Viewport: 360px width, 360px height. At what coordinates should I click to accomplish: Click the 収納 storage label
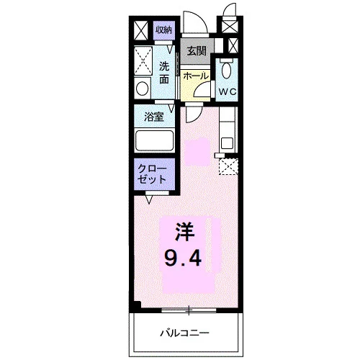click(164, 30)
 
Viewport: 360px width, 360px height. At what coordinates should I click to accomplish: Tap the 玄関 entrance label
click(197, 51)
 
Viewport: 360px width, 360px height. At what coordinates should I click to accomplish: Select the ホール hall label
click(196, 76)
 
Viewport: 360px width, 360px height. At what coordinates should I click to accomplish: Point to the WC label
click(228, 91)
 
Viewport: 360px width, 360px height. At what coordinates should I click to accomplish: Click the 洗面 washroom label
click(164, 73)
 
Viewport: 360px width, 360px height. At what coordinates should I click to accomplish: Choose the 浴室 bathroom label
click(154, 117)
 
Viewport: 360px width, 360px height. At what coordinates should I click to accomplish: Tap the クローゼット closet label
click(152, 174)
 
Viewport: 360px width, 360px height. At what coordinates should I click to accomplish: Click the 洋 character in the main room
click(184, 232)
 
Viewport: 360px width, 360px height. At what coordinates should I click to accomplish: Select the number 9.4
click(183, 258)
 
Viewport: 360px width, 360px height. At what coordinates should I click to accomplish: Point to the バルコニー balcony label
click(184, 333)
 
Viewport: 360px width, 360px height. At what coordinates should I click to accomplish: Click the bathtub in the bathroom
click(154, 140)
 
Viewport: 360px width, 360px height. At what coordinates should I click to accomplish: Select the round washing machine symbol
click(142, 89)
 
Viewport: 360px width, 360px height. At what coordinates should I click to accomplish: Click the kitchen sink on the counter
click(227, 143)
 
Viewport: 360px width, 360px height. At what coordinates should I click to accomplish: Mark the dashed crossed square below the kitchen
click(228, 166)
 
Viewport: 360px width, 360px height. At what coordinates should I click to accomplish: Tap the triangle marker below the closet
click(149, 199)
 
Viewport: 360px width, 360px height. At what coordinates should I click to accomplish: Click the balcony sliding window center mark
click(189, 310)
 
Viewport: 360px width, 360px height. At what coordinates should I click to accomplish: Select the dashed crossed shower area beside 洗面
click(143, 60)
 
